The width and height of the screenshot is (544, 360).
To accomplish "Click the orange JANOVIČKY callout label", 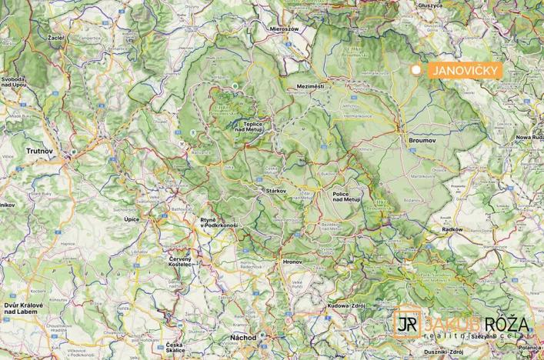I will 464,70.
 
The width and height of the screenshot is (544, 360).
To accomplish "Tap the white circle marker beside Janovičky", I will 416,70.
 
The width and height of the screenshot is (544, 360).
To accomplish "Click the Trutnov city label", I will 38,151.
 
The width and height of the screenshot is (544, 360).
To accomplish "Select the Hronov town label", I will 293,262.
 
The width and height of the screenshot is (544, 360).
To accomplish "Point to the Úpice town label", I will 132,219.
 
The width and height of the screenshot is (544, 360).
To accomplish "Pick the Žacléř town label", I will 56,37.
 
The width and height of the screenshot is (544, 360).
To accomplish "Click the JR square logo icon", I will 409,323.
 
